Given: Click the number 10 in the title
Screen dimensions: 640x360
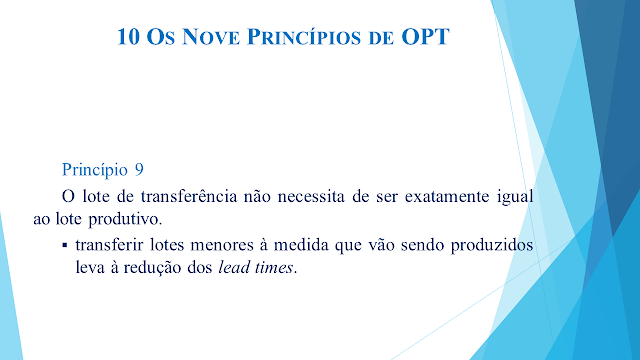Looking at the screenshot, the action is click(129, 37).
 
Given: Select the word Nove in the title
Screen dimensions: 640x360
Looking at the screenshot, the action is click(211, 37).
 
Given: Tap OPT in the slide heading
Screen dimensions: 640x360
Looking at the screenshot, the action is click(425, 37).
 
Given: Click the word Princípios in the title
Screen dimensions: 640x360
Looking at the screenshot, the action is click(304, 37).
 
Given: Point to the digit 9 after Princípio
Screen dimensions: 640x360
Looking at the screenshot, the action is click(139, 169).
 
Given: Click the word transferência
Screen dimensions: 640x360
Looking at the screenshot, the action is click(189, 196).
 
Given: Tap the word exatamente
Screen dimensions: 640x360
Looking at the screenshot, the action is click(447, 197).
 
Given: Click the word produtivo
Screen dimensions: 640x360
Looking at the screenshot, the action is click(125, 220).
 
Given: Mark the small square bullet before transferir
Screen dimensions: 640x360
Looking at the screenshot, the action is click(64, 245).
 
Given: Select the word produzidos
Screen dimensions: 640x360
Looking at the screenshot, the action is click(492, 246).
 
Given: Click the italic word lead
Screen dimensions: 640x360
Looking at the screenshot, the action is click(234, 268).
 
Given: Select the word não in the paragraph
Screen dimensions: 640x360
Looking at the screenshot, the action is click(257, 197).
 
